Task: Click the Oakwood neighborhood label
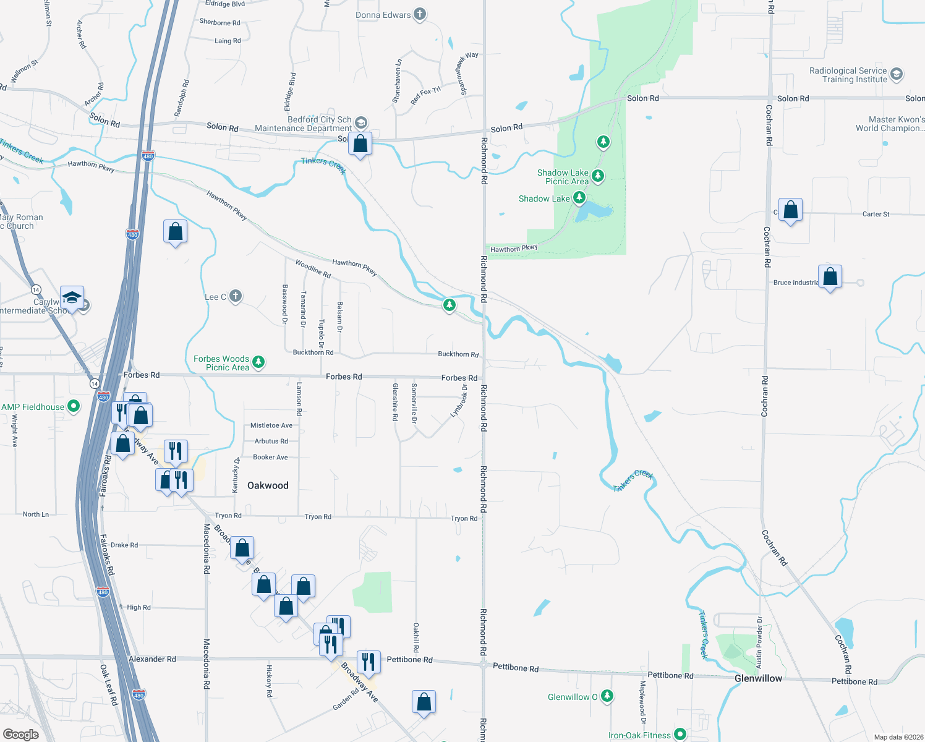[268, 485]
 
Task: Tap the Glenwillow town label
[758, 678]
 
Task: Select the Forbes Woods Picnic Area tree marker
[258, 362]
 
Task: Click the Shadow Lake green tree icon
[579, 198]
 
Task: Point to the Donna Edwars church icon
[420, 14]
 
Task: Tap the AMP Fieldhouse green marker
[74, 406]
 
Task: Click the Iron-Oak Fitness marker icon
[680, 734]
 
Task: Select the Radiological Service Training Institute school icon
[897, 75]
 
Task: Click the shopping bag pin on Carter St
[790, 210]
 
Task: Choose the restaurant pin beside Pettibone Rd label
[368, 662]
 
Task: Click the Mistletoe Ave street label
[271, 425]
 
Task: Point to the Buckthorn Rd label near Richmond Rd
[458, 354]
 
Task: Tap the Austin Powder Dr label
[759, 642]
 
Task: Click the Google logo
[21, 734]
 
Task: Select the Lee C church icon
[236, 296]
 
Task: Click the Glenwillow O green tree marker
[607, 696]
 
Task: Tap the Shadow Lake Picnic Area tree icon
[597, 176]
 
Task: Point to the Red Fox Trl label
[425, 95]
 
